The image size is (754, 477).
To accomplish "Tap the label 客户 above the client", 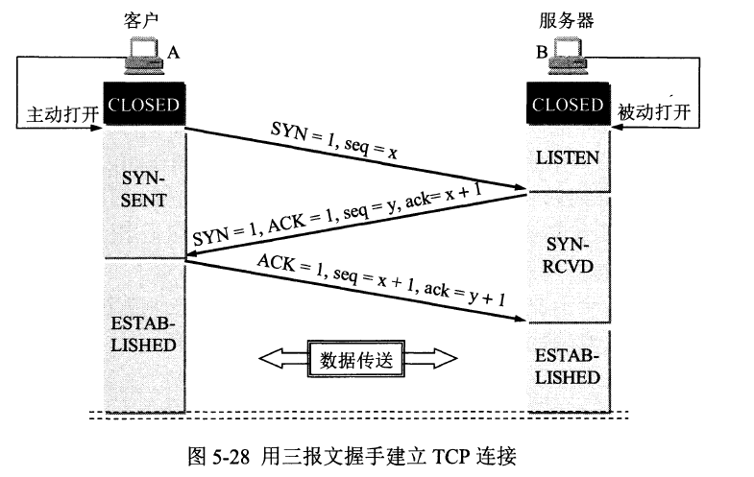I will pos(143,18).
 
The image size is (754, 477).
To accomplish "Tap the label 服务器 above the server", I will pos(568,18).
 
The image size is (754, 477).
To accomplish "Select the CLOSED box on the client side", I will pos(144,105).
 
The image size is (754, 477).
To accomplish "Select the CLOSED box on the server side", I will pos(568,105).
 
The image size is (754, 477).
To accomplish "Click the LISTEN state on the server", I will pos(568,156).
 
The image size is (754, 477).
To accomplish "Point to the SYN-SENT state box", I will pos(144,190).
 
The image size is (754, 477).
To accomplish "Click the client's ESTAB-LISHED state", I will pos(144,333).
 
